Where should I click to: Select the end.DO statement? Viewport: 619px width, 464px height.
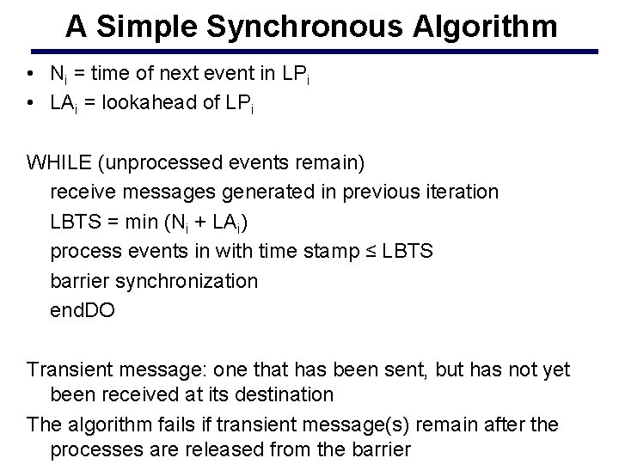click(83, 310)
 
